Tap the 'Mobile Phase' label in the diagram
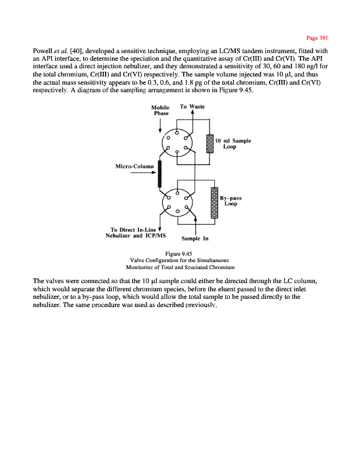click(160, 110)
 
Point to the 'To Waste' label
click(192, 107)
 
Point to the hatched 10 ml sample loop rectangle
click(210, 144)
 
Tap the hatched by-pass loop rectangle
click(214, 202)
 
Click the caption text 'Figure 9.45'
click(183, 253)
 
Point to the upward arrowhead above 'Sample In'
click(195, 219)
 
